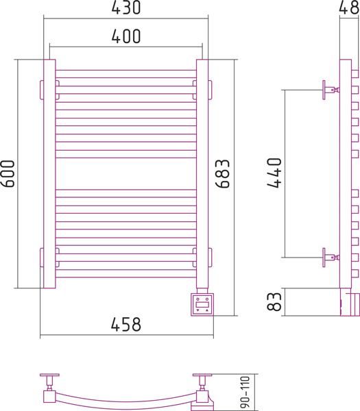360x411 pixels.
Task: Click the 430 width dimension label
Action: pyautogui.click(x=126, y=8)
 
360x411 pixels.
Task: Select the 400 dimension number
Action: pyautogui.click(x=126, y=36)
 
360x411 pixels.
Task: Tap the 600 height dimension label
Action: pyautogui.click(x=8, y=173)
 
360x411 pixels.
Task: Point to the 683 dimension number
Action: pyautogui.click(x=222, y=173)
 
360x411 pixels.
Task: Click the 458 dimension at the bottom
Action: pyautogui.click(x=126, y=324)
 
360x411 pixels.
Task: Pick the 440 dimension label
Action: pyautogui.click(x=274, y=173)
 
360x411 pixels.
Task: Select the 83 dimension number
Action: pyautogui.click(x=274, y=301)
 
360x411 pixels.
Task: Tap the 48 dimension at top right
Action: pyautogui.click(x=349, y=8)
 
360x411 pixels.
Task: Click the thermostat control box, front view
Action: pyautogui.click(x=202, y=305)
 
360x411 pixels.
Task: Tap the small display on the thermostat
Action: pyautogui.click(x=202, y=305)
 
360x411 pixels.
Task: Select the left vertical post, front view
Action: pyautogui.click(x=49, y=173)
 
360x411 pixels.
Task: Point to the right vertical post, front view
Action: pyautogui.click(x=202, y=173)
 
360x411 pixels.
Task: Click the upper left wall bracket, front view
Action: pyautogui.click(x=42, y=90)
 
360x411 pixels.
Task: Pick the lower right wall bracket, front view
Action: pyautogui.click(x=210, y=258)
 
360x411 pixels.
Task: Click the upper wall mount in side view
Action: pyautogui.click(x=331, y=90)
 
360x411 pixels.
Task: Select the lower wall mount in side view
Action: pyautogui.click(x=331, y=258)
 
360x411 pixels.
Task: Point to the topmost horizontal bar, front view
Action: pyautogui.click(x=126, y=74)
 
